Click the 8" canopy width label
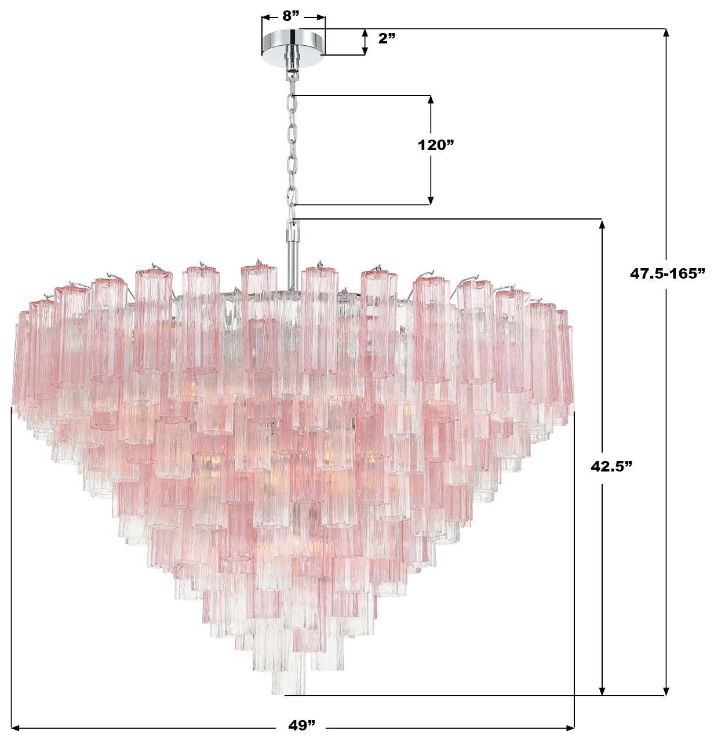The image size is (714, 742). pos(291,16)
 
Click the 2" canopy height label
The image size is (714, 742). pos(387,39)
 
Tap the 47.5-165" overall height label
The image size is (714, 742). pos(667,273)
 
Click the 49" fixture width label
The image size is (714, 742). pos(302,725)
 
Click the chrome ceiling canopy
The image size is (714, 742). pos(293,44)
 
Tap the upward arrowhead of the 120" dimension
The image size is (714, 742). pos(431,100)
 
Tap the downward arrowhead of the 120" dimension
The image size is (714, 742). pos(431,200)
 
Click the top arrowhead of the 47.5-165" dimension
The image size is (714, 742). pos(666,33)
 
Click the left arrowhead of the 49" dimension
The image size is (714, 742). pos(16,726)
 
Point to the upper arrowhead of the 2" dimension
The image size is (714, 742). pos(365,32)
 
